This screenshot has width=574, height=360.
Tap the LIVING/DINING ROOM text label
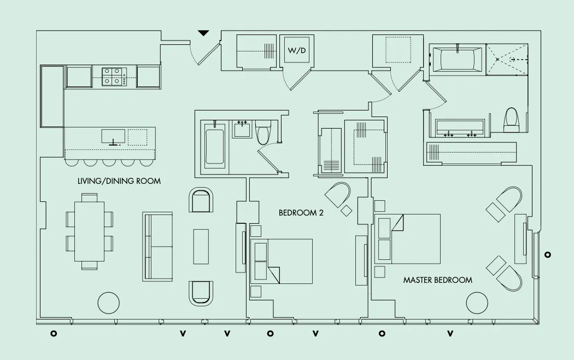[x=119, y=181]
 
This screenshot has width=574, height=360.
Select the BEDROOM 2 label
[x=301, y=213]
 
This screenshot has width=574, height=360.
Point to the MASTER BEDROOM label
[x=437, y=280]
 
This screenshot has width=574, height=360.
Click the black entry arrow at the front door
[x=203, y=33]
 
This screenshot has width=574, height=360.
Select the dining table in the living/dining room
[x=89, y=231]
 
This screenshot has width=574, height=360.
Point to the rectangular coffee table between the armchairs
[x=201, y=246]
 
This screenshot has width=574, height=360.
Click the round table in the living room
[x=108, y=303]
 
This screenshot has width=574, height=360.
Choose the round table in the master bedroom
[x=477, y=303]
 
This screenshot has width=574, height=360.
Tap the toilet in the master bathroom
[x=511, y=119]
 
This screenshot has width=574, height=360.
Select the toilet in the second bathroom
[x=263, y=131]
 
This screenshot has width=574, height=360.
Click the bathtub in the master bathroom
[x=457, y=59]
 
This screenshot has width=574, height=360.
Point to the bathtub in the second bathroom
[x=214, y=146]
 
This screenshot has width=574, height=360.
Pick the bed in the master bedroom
[x=408, y=239]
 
